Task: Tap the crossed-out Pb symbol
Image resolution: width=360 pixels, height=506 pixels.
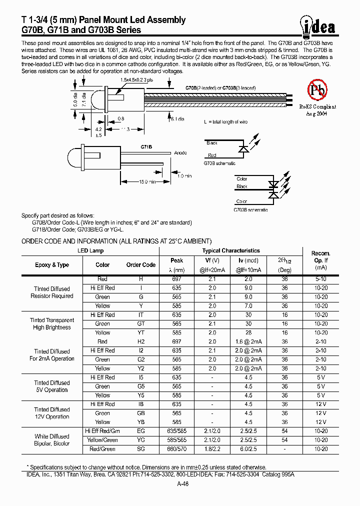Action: (318, 90)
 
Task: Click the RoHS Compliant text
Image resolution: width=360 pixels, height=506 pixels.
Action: (318, 106)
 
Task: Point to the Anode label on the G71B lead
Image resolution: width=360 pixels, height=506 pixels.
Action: (180, 153)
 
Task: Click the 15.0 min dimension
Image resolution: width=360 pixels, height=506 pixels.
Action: (146, 182)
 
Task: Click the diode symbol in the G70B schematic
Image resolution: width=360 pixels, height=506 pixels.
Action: (244, 149)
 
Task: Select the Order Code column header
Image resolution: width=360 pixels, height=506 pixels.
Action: (141, 265)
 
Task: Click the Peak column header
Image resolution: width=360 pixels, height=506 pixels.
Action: (177, 260)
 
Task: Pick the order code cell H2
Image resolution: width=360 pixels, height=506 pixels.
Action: (141, 341)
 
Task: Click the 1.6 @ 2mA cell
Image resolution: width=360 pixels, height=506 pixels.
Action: (248, 341)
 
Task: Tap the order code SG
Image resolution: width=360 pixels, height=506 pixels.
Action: (141, 449)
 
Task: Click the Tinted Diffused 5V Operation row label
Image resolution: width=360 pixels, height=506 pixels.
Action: (52, 386)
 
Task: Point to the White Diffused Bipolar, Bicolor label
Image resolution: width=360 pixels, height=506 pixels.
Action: (52, 440)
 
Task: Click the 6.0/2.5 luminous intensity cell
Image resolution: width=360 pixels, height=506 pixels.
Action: (248, 449)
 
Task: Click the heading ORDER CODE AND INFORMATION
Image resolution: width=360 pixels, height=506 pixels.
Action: (116, 241)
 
